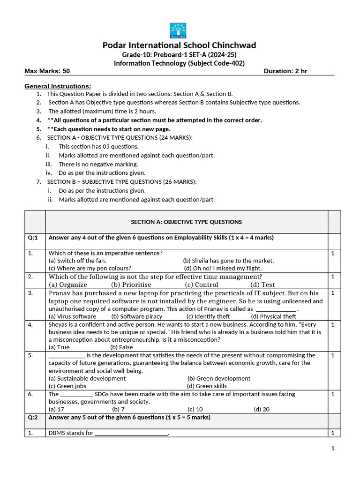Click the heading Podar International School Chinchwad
tap(180, 45)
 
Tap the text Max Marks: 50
tap(47, 71)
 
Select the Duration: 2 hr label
tap(286, 71)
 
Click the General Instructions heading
tap(58, 86)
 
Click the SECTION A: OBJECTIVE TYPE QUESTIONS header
tap(186, 222)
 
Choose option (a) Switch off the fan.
tap(77, 261)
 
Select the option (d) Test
tap(262, 285)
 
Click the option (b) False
tap(121, 347)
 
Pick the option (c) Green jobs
tap(67, 386)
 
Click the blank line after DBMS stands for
tap(131, 434)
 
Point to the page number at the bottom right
tap(333, 449)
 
